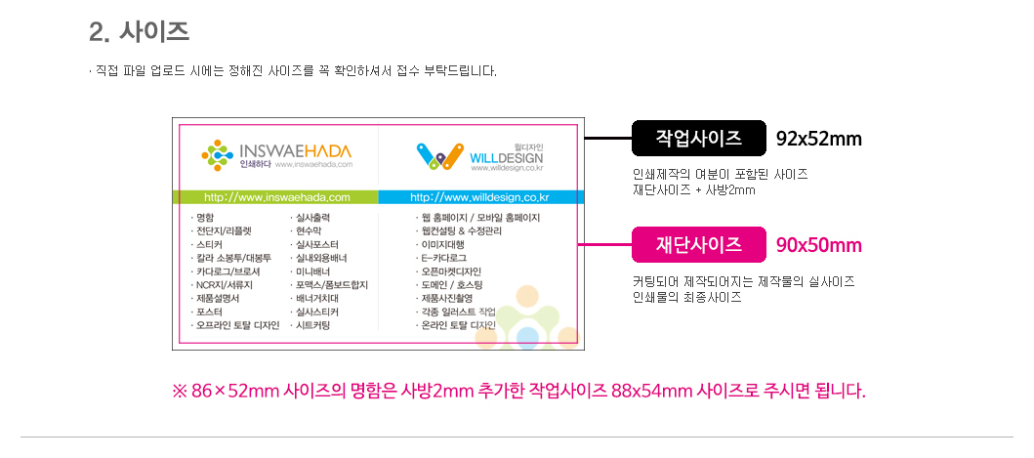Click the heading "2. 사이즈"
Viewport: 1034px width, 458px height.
tap(139, 31)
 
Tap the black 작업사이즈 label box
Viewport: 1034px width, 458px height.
tap(697, 138)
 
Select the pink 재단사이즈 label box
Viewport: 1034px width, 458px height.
tap(697, 244)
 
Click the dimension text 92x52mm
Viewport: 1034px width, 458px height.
tap(818, 139)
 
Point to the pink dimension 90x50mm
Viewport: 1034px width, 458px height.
tap(818, 245)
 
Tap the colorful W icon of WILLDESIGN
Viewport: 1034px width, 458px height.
tap(438, 154)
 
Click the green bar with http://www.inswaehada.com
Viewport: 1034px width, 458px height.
tap(276, 197)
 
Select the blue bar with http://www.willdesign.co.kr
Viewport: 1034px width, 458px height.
tap(479, 197)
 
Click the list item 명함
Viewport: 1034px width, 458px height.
tap(206, 217)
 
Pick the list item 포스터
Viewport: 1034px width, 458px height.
tap(209, 312)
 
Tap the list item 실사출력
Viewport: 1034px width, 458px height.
tap(312, 217)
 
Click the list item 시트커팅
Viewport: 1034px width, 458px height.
tap(312, 325)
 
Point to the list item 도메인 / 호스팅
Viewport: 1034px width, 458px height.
tap(453, 284)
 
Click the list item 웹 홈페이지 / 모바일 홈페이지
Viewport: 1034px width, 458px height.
tap(479, 217)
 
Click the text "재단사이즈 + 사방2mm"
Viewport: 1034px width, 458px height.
tap(693, 189)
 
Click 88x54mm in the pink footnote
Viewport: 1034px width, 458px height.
tap(651, 392)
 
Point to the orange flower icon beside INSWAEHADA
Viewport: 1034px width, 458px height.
tap(215, 154)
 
